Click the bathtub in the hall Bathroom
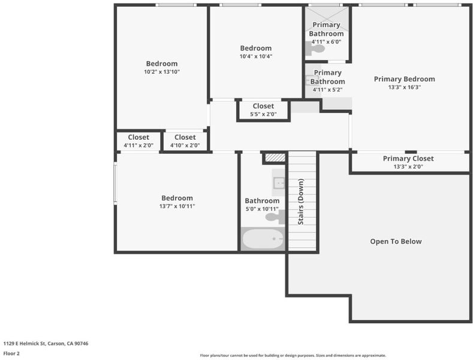point(263,239)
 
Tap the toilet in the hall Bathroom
point(275,217)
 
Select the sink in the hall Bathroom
point(279,183)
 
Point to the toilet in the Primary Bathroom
point(315,49)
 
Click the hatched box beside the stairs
point(275,157)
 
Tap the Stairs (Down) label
point(301,202)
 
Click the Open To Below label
point(396,241)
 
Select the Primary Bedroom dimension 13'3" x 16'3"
point(405,87)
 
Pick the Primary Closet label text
point(408,158)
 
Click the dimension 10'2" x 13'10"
point(162,72)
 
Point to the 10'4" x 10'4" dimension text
point(256,56)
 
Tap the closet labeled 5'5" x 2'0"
point(263,110)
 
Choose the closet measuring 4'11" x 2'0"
point(138,141)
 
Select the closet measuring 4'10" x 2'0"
point(185,141)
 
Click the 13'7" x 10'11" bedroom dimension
point(177,206)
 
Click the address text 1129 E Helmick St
point(25,343)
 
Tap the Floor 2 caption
point(11,353)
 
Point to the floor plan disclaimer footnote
point(293,355)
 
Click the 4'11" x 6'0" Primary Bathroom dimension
point(326,42)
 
